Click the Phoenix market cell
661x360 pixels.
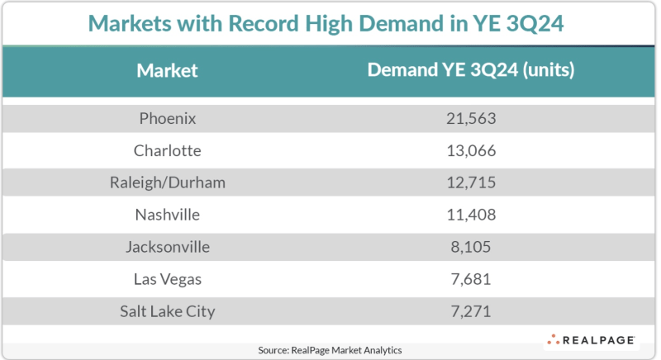167,118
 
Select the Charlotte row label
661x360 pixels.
167,150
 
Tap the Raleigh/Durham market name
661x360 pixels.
167,182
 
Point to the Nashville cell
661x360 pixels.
167,215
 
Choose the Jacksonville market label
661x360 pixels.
167,247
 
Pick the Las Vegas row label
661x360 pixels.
167,279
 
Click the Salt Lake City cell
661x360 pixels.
167,311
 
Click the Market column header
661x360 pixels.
167,70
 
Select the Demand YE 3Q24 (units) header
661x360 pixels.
470,70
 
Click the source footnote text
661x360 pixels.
330,350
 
